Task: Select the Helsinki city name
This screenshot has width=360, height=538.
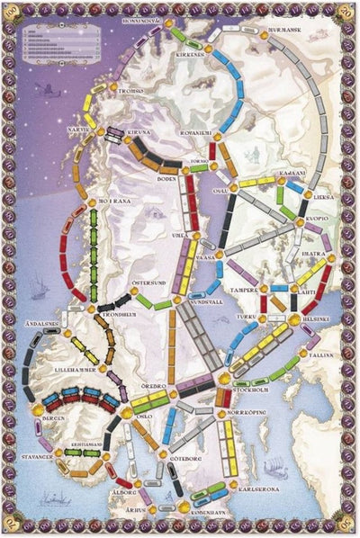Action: pos(316,318)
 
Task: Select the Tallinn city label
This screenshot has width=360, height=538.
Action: pos(321,356)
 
